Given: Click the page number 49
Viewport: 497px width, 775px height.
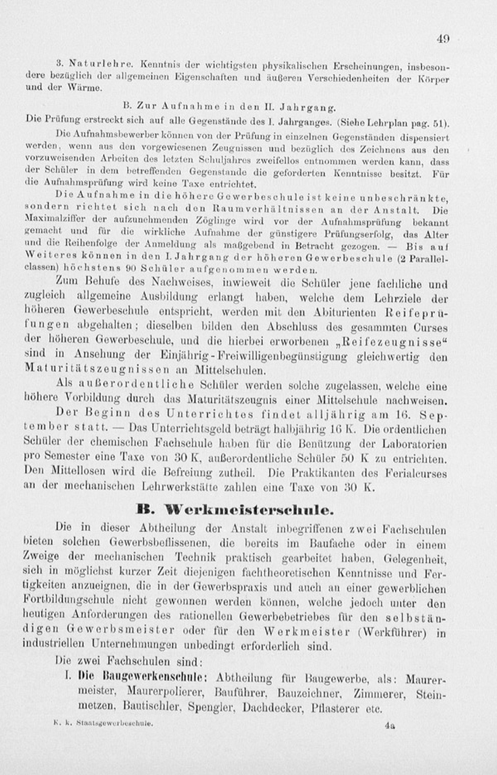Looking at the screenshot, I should (x=443, y=39).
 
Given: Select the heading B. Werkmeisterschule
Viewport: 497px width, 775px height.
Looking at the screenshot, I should (x=235, y=510).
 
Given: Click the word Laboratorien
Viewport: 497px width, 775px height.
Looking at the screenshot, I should (x=414, y=444).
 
